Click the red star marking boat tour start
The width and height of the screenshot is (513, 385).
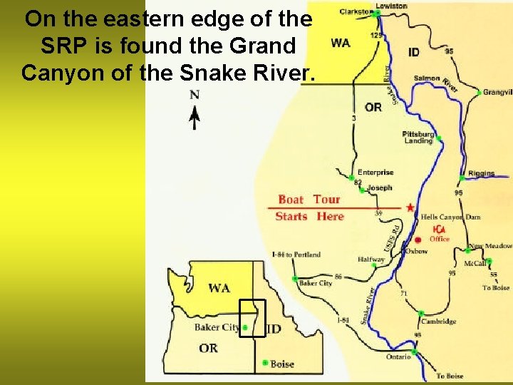point(410,207)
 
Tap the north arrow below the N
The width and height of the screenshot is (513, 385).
point(194,117)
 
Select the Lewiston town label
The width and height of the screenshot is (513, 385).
point(391,6)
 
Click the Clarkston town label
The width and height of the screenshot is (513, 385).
point(355,11)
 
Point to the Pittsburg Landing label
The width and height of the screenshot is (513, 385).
point(418,138)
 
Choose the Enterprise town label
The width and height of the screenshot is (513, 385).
point(375,172)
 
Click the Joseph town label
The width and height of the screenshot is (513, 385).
point(379,188)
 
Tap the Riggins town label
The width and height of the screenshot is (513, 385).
point(482,173)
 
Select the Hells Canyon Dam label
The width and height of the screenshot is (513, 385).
point(450,217)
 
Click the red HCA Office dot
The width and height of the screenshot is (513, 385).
point(418,240)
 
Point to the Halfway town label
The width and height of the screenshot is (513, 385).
point(371,260)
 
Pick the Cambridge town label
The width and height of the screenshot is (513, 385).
point(438,322)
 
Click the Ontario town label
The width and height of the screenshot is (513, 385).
point(398,356)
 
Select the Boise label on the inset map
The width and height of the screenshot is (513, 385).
point(282,364)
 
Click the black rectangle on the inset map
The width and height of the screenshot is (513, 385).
point(252,318)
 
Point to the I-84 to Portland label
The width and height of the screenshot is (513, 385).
point(296,255)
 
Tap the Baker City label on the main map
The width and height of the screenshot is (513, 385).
point(316,283)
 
